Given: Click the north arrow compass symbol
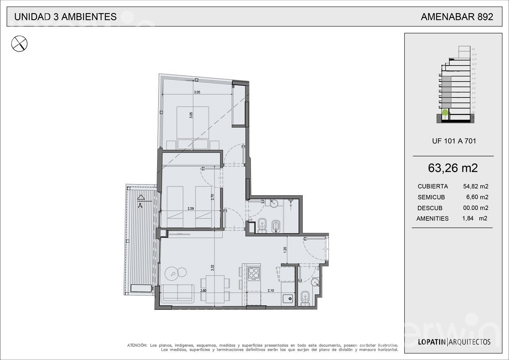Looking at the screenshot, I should pos(19,43).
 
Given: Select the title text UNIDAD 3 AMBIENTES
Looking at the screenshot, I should pos(65,17).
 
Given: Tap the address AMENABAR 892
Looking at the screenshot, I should pos(457,17).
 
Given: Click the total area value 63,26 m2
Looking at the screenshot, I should pos(453,168).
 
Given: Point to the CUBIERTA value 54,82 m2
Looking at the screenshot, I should pos(476,186).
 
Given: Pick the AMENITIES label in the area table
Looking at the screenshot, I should pos(432,218).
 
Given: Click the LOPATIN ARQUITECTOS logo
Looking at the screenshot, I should pos(454,342).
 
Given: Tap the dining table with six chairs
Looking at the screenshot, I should pos(215,289).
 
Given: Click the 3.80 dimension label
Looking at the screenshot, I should pos(204,291).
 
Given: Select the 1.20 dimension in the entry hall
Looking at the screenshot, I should pos(285,250).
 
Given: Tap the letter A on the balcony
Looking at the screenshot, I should pos(140,206).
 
